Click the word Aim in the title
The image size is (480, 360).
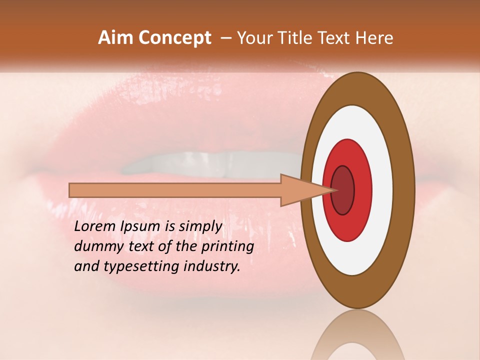116,38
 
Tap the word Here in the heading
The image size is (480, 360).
374,38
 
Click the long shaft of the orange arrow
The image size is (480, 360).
175,190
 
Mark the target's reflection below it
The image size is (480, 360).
357,335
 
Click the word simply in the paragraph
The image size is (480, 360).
200,226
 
